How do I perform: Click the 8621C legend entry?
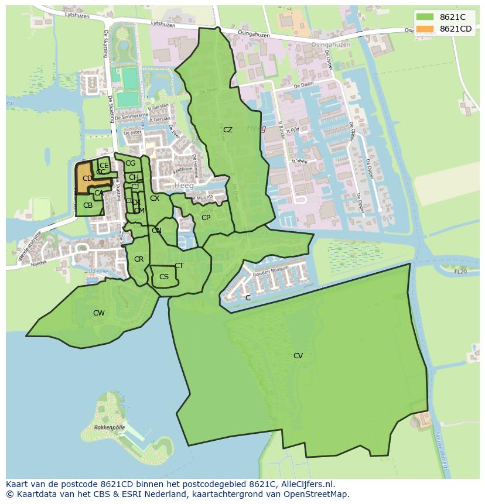click(444, 18)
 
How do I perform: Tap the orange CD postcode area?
click(87, 179)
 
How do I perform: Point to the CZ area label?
click(228, 130)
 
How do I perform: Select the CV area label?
click(298, 356)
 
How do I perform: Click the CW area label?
click(99, 313)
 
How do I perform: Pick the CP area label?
click(206, 218)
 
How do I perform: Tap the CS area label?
click(164, 277)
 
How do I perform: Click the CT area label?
click(179, 266)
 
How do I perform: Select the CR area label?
click(139, 259)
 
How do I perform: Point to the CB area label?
click(88, 205)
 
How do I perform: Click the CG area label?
click(130, 163)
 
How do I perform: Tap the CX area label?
click(155, 198)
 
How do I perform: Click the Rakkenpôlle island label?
click(110, 427)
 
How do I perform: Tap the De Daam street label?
click(305, 86)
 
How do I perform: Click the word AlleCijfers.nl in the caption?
click(307, 485)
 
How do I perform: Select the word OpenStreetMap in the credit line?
click(318, 495)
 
